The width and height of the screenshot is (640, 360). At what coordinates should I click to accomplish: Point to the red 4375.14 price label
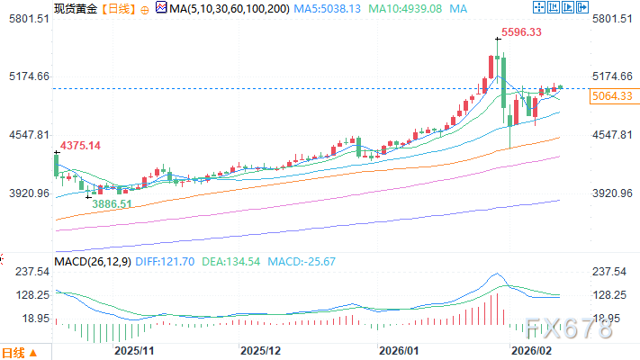80,146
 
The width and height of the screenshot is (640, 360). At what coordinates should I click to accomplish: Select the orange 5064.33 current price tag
612,95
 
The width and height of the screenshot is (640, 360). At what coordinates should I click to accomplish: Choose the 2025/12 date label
262,347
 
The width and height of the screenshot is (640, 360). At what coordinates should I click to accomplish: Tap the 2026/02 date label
530,347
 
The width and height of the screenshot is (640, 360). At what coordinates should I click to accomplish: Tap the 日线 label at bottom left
15,351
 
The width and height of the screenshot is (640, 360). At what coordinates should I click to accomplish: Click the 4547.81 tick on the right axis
614,135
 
